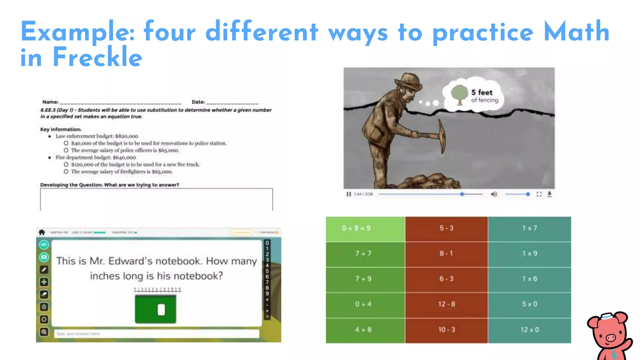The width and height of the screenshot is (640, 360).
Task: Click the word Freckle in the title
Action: click(97, 57)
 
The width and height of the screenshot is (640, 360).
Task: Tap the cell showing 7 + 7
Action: click(363, 253)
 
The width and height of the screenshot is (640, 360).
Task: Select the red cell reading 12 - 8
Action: click(447, 304)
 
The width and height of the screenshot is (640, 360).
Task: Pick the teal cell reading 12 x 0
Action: click(530, 330)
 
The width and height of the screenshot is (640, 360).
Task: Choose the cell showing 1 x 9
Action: click(530, 253)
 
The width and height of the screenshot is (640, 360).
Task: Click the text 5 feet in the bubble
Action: click(482, 92)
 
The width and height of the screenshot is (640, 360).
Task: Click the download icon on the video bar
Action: click(549, 194)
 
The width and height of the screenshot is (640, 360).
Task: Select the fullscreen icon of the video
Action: click(539, 194)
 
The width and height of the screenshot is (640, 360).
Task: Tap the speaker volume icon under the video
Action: click(494, 194)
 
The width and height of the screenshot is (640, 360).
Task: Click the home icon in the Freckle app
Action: click(42, 232)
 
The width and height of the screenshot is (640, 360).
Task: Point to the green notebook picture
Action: click(155, 309)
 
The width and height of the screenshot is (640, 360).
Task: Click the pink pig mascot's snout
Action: click(610, 338)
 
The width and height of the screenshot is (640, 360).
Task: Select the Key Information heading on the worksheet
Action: click(61, 129)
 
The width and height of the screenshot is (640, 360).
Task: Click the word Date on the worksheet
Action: click(198, 102)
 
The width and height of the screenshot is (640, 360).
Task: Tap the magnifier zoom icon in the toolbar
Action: click(44, 332)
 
